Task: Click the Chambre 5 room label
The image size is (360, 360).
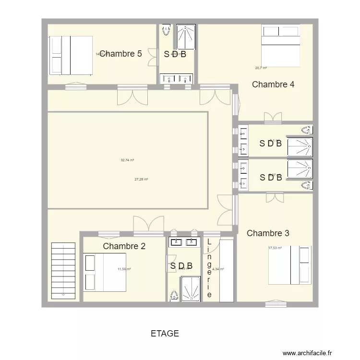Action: pos(120,54)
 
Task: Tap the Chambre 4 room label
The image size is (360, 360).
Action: pos(273,84)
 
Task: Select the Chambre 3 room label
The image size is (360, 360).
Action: pos(268,233)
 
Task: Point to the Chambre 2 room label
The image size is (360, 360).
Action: pos(124,246)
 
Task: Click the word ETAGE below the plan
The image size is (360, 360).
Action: pos(165,334)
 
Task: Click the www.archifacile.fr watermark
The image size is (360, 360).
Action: pos(307,353)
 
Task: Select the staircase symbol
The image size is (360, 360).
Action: pos(64,271)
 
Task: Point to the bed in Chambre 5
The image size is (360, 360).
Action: pos(71,55)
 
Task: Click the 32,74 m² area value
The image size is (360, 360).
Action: pos(127,160)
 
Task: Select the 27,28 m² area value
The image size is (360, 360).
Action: pos(141,179)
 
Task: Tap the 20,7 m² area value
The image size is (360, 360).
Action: pos(261,68)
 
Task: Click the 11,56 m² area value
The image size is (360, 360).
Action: pos(124,269)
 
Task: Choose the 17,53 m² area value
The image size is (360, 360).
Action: pos(275,248)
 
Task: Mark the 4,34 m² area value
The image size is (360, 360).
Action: pos(218,269)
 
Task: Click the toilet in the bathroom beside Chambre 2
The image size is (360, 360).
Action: pos(173,296)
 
